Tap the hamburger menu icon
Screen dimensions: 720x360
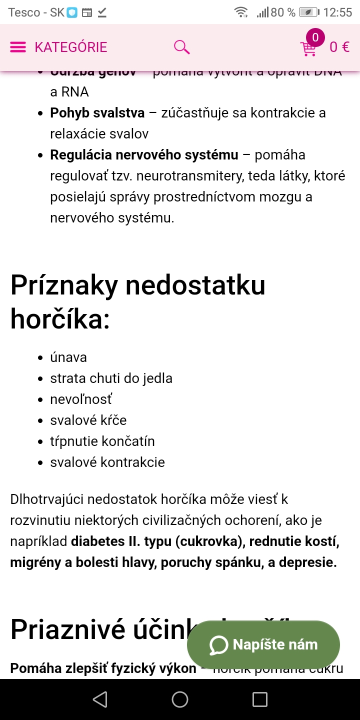(x=18, y=47)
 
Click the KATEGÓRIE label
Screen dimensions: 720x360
(x=71, y=47)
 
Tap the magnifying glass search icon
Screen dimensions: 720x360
(x=181, y=47)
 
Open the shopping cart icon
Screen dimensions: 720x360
(x=308, y=48)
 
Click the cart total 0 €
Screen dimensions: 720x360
(x=339, y=47)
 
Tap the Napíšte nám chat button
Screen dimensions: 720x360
(x=263, y=645)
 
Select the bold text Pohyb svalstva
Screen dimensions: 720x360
(x=97, y=113)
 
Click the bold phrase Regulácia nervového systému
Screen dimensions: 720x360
(x=144, y=155)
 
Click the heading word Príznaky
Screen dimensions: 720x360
(x=64, y=285)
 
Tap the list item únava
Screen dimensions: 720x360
(x=68, y=357)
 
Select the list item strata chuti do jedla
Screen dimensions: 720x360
(x=111, y=378)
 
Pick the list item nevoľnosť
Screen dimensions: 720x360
(x=81, y=399)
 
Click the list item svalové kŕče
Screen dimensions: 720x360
(x=88, y=420)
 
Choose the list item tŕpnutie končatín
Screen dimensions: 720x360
(x=102, y=441)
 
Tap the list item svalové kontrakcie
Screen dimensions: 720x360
(x=107, y=462)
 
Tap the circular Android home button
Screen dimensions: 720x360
(x=180, y=699)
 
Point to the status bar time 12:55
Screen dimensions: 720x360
(x=337, y=12)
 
